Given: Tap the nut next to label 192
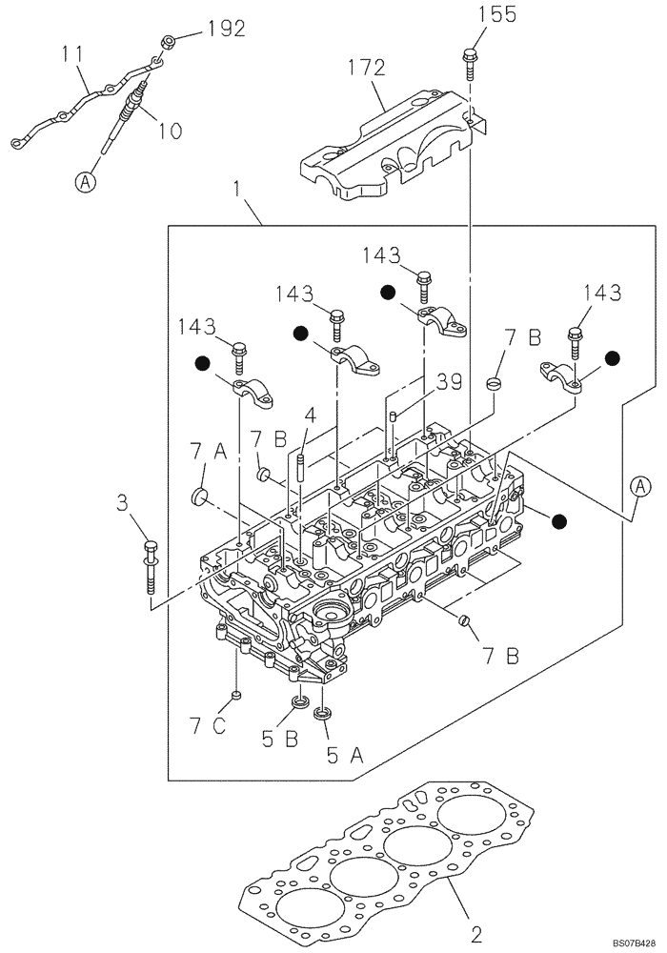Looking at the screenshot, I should click(168, 41).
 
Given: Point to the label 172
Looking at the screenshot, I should click(366, 68).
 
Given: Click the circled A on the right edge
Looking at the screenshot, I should click(641, 487).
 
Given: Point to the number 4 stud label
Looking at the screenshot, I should click(310, 416).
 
